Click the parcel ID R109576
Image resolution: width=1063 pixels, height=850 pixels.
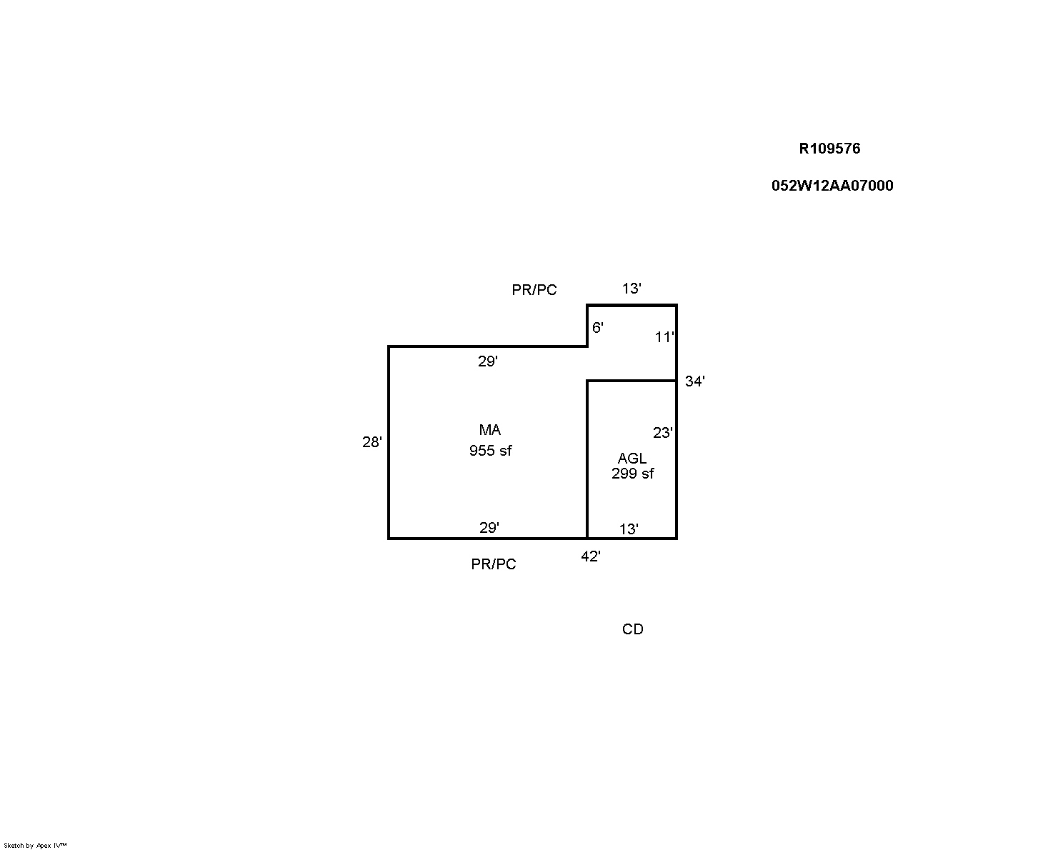[829, 149]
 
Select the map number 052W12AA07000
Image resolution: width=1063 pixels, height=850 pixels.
[832, 186]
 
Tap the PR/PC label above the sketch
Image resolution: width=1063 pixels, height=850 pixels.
[534, 290]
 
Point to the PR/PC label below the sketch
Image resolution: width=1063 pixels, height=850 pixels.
[494, 564]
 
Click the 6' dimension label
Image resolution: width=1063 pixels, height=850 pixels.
[598, 327]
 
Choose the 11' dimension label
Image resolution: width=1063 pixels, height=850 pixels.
[664, 337]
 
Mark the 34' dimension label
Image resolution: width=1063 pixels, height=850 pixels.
[694, 381]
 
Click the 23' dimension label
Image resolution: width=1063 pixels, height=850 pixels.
[662, 433]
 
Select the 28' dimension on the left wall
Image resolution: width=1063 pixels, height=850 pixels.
[372, 442]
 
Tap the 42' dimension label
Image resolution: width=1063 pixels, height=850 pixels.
[590, 556]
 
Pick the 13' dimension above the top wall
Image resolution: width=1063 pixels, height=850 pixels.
[632, 289]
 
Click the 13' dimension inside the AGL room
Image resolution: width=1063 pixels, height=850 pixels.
[629, 529]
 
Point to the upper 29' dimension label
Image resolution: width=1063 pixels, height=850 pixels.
[487, 361]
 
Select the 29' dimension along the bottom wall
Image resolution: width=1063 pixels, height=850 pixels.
[489, 528]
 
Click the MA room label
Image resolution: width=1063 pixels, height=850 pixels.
[490, 430]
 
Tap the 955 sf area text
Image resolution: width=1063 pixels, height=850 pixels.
[491, 451]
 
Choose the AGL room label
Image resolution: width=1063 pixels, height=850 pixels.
[632, 459]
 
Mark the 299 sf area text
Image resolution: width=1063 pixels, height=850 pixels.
[633, 474]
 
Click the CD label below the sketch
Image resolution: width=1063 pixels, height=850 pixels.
[633, 629]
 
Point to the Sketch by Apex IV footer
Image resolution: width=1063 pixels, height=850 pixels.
[35, 845]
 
